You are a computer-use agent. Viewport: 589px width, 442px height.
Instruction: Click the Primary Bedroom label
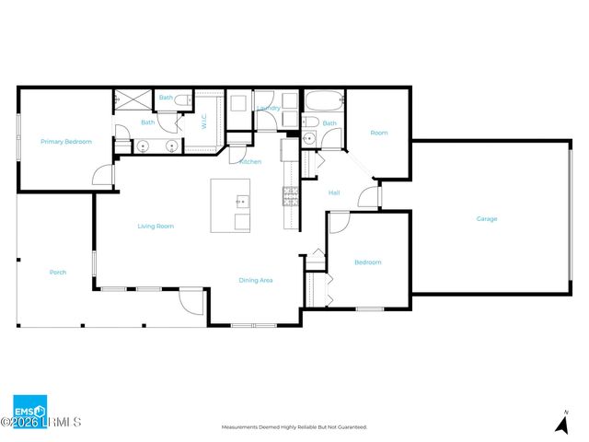point(66,142)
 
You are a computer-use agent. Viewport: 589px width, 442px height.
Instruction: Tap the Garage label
point(487,219)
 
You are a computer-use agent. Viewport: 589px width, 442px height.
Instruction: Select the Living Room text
point(156,226)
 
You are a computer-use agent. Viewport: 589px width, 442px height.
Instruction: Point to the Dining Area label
point(256,280)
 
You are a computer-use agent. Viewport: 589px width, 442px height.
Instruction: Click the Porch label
point(57,273)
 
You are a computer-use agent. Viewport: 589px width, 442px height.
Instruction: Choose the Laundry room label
point(269,108)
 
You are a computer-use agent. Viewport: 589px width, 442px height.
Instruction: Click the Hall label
point(335,192)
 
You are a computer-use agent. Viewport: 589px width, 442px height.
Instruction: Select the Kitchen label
point(249,162)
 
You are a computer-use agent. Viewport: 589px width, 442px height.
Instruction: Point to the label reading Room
point(379,133)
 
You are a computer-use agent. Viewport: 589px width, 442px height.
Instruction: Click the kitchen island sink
point(241,201)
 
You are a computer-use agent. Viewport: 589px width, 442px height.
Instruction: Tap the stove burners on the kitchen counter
point(290,194)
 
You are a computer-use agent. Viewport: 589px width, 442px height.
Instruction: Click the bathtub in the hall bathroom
point(323,100)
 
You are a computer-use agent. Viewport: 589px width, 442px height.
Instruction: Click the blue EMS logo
point(29,411)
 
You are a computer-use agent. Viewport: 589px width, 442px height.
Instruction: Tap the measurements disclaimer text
point(294,427)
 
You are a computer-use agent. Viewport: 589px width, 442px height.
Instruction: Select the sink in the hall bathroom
point(309,139)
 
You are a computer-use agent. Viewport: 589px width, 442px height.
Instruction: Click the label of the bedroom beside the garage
point(368,262)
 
